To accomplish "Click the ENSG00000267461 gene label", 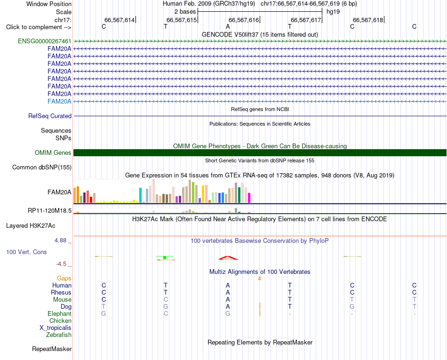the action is pos(45,41).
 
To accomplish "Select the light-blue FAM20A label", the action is pos(59,102).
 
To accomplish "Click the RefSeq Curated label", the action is pos(50,116).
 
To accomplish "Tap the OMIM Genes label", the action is pos(53,153).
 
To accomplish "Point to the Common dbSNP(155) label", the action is pos(42,168).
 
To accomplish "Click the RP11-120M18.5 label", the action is pos(49,211).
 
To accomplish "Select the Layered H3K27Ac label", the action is pos(31,226).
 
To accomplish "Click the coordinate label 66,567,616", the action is pos(244,20).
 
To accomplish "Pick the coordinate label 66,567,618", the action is pos(368,20).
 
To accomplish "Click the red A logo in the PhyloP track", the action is pos(228,258).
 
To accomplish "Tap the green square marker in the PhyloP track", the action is pos(165,258).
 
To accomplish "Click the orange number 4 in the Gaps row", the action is pos(259,279).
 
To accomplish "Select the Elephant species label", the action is pos(60,314).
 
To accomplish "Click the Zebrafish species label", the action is pos(59,335).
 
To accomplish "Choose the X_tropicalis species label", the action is pos(56,328).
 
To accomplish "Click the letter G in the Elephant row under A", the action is pos(228,314).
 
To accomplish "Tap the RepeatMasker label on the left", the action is pos(52,349).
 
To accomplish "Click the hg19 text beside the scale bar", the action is pos(333,12).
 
